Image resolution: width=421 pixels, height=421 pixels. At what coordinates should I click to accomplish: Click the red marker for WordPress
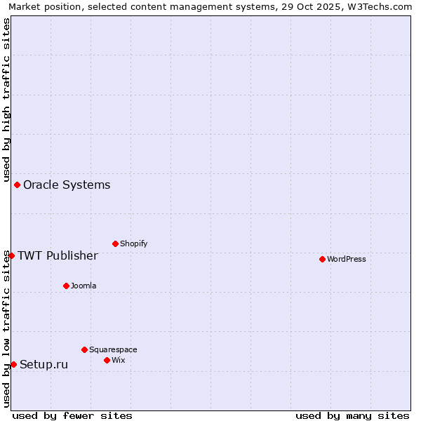pos(322,259)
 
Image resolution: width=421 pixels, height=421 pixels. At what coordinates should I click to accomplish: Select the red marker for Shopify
pos(115,243)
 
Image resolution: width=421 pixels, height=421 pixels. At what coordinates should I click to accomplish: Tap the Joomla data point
pos(66,286)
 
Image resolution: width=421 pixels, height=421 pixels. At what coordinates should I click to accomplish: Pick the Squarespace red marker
pos(84,349)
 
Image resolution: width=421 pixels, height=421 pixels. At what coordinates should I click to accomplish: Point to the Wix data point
pos(107,360)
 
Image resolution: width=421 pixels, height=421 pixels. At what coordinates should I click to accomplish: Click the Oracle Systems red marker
pos(17,185)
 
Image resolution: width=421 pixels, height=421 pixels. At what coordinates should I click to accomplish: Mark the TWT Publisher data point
pos(11,255)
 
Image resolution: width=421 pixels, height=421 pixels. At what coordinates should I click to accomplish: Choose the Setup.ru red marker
pos(13,364)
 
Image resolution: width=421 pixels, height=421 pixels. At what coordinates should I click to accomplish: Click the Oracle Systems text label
pos(67,185)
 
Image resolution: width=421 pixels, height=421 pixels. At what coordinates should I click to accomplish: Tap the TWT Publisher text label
pos(58,255)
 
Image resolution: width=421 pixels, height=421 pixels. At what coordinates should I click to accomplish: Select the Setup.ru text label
pos(44,364)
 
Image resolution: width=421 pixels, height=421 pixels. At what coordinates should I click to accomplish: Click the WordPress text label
pos(347,259)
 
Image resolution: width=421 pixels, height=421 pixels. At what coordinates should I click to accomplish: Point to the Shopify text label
pos(133,243)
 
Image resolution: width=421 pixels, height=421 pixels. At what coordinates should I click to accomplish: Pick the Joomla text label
pos(83,286)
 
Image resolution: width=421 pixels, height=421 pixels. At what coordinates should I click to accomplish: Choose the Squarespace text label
pos(113,349)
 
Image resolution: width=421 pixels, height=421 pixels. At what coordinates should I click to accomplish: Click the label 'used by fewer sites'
pos(72,415)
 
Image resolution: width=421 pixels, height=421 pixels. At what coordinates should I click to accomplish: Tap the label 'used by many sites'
pos(352,415)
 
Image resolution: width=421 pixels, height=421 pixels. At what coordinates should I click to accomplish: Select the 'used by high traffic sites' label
pos(6,100)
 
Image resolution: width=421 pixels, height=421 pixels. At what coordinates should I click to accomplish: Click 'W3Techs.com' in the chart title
pos(382,6)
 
